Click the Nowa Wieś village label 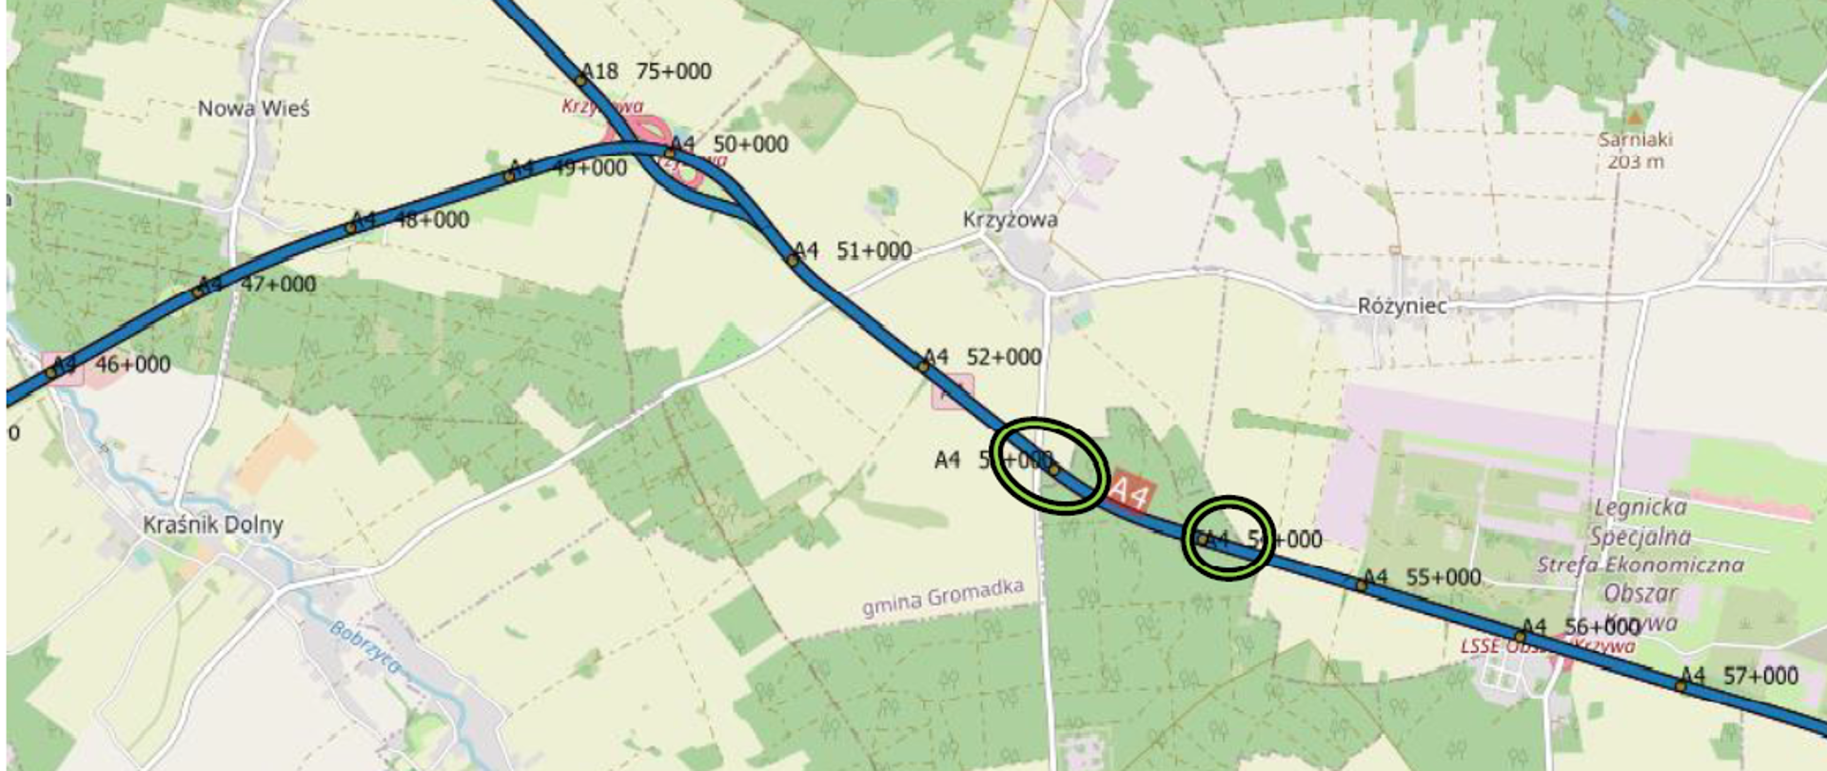(x=253, y=109)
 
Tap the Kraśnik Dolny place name (x=212, y=524)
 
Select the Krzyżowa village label (x=1010, y=220)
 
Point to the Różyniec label (x=1402, y=306)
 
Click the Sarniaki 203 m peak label (x=1635, y=150)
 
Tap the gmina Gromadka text (x=942, y=598)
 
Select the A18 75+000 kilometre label (x=646, y=71)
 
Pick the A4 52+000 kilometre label (x=983, y=357)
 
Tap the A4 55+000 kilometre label (x=1422, y=578)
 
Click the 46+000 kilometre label (x=132, y=365)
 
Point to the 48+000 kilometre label (x=431, y=220)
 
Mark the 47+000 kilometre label (x=278, y=285)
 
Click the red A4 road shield (x=1130, y=492)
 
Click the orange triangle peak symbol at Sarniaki (x=1634, y=118)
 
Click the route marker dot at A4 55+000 (x=1362, y=584)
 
